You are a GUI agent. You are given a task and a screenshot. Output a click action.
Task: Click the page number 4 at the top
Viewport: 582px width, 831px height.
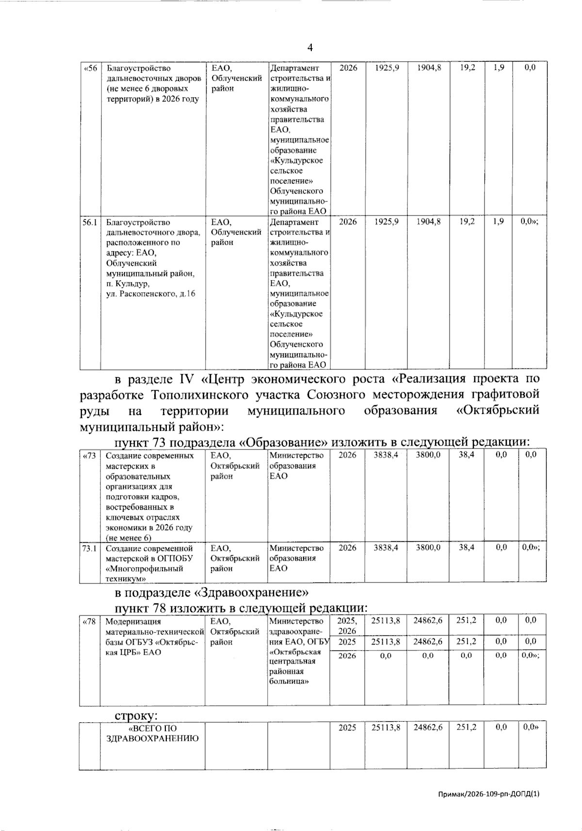pyautogui.click(x=310, y=48)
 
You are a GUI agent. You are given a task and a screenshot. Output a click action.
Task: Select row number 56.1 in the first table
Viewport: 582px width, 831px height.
pyautogui.click(x=90, y=222)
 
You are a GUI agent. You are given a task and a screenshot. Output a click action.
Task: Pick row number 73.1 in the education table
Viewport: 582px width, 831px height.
pyautogui.click(x=90, y=548)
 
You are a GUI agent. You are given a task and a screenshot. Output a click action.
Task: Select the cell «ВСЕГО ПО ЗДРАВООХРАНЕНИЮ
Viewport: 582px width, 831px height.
pyautogui.click(x=152, y=733)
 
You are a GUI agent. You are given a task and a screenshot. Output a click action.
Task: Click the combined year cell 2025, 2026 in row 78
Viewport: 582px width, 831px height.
pyautogui.click(x=347, y=626)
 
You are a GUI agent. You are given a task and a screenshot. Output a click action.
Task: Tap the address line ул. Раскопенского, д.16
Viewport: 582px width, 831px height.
pyautogui.click(x=151, y=294)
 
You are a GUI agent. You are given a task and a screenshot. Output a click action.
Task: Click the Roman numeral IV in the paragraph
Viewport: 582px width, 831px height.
pyautogui.click(x=186, y=379)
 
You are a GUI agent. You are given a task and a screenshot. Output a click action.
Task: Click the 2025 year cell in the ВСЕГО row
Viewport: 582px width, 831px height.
pyautogui.click(x=347, y=728)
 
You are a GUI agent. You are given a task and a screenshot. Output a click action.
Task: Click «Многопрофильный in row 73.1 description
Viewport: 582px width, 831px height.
pyautogui.click(x=145, y=568)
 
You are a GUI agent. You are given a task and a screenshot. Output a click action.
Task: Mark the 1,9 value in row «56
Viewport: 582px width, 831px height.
pyautogui.click(x=499, y=68)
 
